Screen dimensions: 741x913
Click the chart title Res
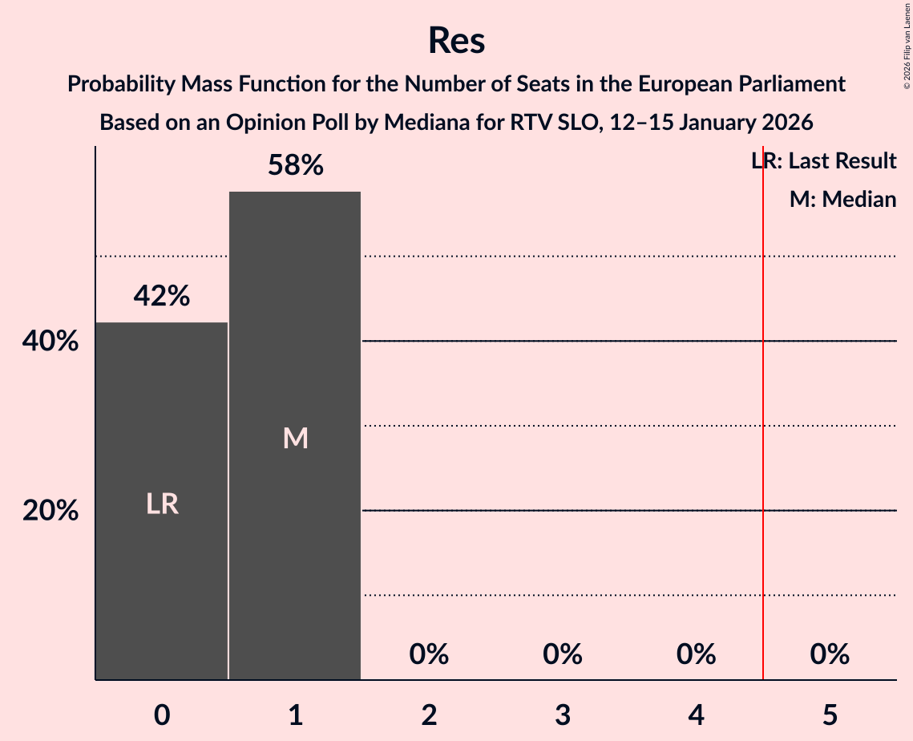tap(456, 40)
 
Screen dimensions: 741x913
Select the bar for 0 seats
tap(162, 500)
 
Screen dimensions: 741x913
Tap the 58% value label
tap(295, 166)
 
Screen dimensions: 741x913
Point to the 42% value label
tap(162, 297)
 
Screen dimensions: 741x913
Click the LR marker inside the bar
tap(162, 504)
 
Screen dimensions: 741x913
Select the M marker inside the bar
tap(295, 438)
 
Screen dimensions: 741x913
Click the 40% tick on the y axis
tap(50, 342)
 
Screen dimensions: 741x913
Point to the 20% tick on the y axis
tap(50, 511)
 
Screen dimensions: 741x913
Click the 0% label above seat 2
tap(429, 655)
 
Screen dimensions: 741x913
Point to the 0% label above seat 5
tap(830, 655)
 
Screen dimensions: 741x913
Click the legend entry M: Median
tap(842, 199)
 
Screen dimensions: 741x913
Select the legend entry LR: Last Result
tap(823, 161)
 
